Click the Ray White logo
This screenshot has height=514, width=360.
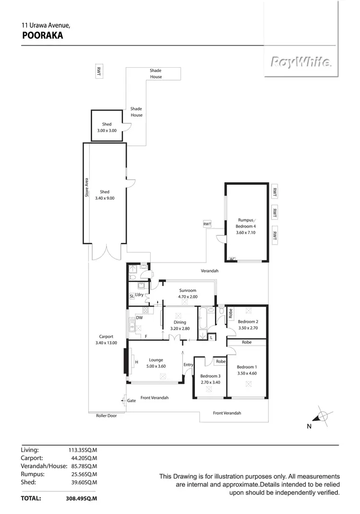coord(300,62)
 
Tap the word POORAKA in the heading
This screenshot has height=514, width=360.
coord(43,35)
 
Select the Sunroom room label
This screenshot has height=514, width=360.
coord(188,290)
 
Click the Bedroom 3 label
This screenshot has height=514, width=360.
coord(210,376)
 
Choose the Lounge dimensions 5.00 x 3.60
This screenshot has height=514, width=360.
coord(156,366)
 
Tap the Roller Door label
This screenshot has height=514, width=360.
coord(106,416)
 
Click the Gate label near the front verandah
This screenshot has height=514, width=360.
coord(131,400)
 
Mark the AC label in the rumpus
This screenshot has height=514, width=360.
coord(233,259)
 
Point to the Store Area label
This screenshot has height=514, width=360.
coord(87,188)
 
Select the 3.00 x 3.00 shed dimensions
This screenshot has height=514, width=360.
coord(107,131)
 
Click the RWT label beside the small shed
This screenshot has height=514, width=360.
coord(99,71)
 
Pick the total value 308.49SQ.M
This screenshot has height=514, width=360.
coord(82,499)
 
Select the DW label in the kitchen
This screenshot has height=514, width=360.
coord(139,318)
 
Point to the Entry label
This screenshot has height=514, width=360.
coord(188,365)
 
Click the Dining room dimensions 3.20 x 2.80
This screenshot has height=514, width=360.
coord(180,329)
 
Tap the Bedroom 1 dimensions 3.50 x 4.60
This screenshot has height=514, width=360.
coord(248,373)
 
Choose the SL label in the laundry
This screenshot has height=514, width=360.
coord(132,296)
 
